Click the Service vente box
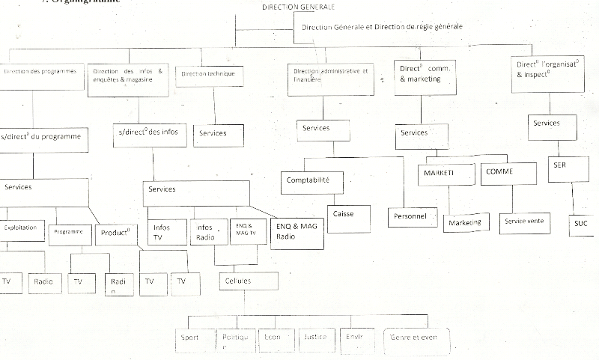pyautogui.click(x=525, y=222)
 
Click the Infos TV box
pyautogui.click(x=165, y=233)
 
